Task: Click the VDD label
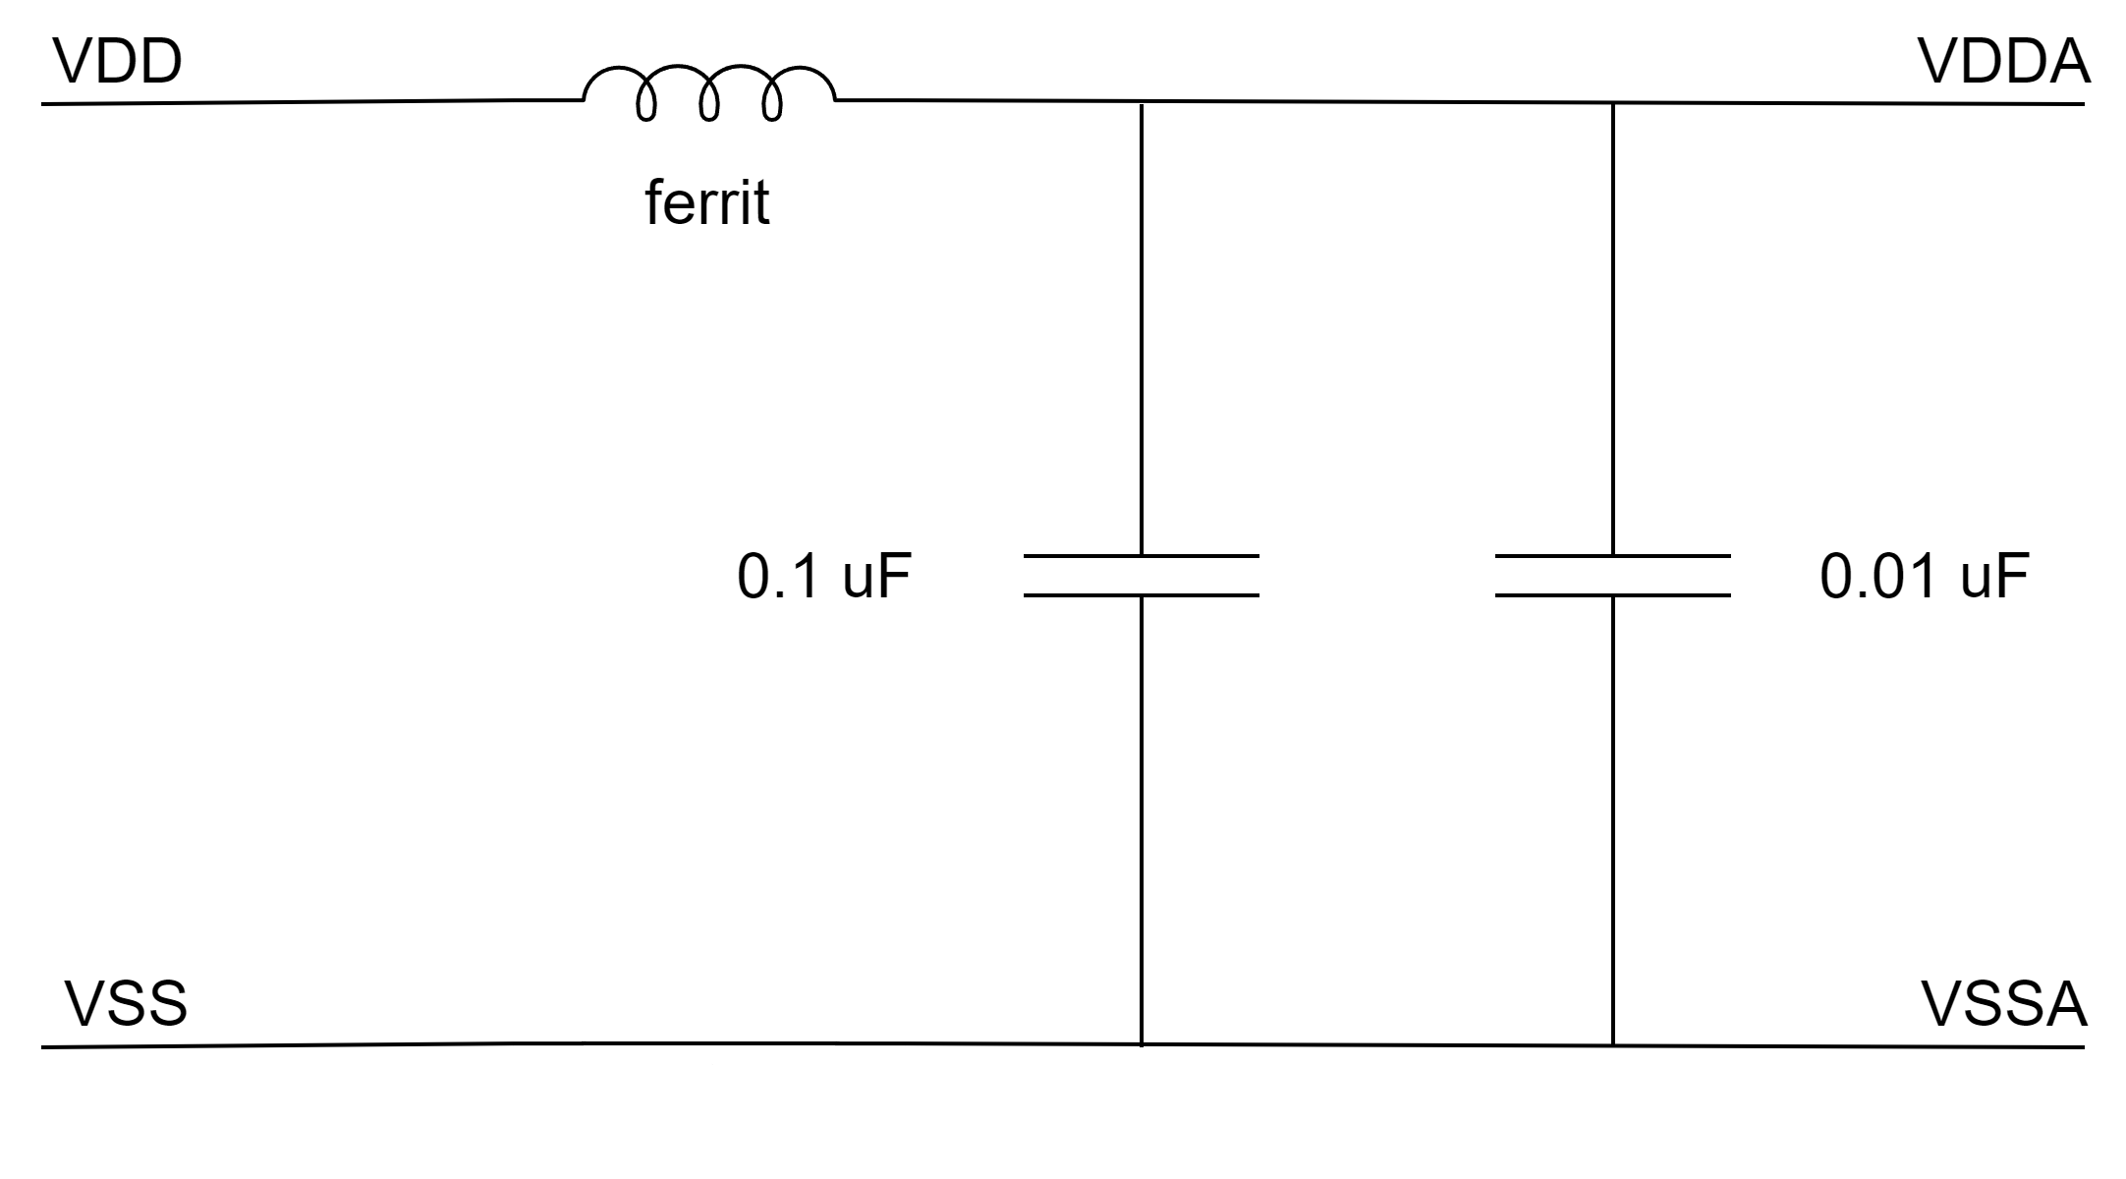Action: (118, 62)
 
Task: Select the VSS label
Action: (126, 1004)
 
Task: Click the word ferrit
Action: (706, 203)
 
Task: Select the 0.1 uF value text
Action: (823, 576)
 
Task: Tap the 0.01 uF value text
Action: (1924, 576)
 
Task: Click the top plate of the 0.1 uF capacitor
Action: (1141, 556)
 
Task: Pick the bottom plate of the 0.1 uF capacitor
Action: (1141, 595)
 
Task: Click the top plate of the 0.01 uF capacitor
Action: (1612, 556)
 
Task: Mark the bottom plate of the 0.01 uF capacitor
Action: (1612, 595)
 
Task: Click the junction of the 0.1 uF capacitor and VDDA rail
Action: (1141, 102)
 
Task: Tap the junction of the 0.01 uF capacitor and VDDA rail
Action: (1612, 103)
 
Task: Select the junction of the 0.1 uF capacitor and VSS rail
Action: (1141, 1044)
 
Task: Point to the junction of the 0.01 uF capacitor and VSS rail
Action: (1612, 1045)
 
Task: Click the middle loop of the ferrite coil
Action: (709, 93)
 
